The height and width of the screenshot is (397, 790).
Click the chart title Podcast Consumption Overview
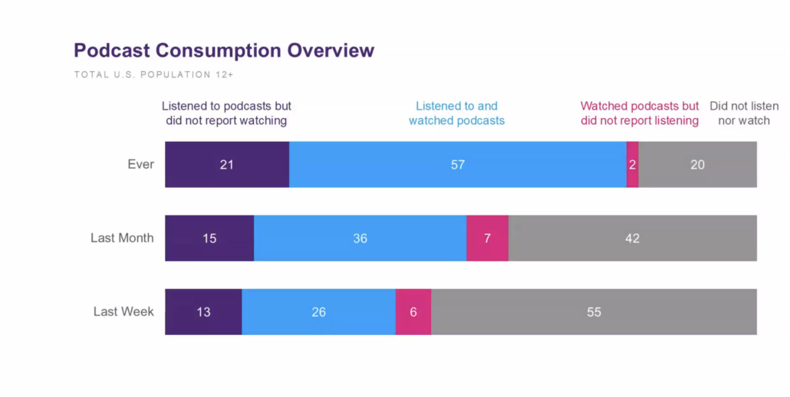(224, 51)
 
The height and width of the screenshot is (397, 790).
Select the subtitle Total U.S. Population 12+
(153, 75)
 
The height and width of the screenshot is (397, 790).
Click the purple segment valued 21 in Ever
(227, 165)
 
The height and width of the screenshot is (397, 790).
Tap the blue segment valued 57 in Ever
(458, 165)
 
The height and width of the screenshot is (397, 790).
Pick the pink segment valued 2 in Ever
(633, 165)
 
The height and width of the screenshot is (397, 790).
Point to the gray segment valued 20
(697, 165)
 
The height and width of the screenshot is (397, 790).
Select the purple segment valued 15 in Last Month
(209, 238)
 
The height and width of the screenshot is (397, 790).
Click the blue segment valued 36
(360, 238)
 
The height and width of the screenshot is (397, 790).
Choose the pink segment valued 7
(487, 238)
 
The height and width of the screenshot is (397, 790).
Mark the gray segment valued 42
(632, 238)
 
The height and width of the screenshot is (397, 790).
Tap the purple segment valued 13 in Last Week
(203, 312)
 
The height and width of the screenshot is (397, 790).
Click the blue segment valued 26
(318, 312)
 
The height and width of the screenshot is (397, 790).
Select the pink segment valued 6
(413, 312)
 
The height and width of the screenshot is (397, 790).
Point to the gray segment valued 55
(594, 312)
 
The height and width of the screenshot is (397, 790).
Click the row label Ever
(140, 165)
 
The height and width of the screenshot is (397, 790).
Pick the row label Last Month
(122, 238)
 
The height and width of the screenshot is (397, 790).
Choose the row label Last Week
(123, 312)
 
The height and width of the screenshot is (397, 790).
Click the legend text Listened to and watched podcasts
(456, 113)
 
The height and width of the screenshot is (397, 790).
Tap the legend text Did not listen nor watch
(744, 113)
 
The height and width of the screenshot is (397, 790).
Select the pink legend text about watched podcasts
(640, 113)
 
